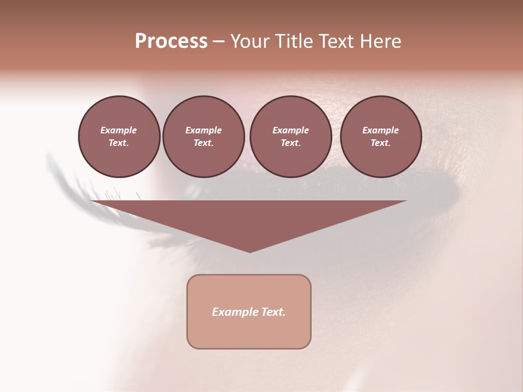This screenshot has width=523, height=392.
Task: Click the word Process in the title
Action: coord(171,41)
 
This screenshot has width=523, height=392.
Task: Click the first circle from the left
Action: coord(119,137)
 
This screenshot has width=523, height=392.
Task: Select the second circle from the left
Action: coord(203,137)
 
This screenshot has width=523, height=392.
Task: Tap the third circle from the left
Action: coord(290,137)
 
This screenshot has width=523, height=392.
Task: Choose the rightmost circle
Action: coord(380,137)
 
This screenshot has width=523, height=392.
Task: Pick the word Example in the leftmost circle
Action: coord(119,130)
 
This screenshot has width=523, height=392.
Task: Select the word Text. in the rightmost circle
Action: coord(380,143)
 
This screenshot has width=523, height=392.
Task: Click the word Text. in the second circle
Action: coord(203,143)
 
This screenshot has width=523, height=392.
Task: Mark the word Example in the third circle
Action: coord(290,130)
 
